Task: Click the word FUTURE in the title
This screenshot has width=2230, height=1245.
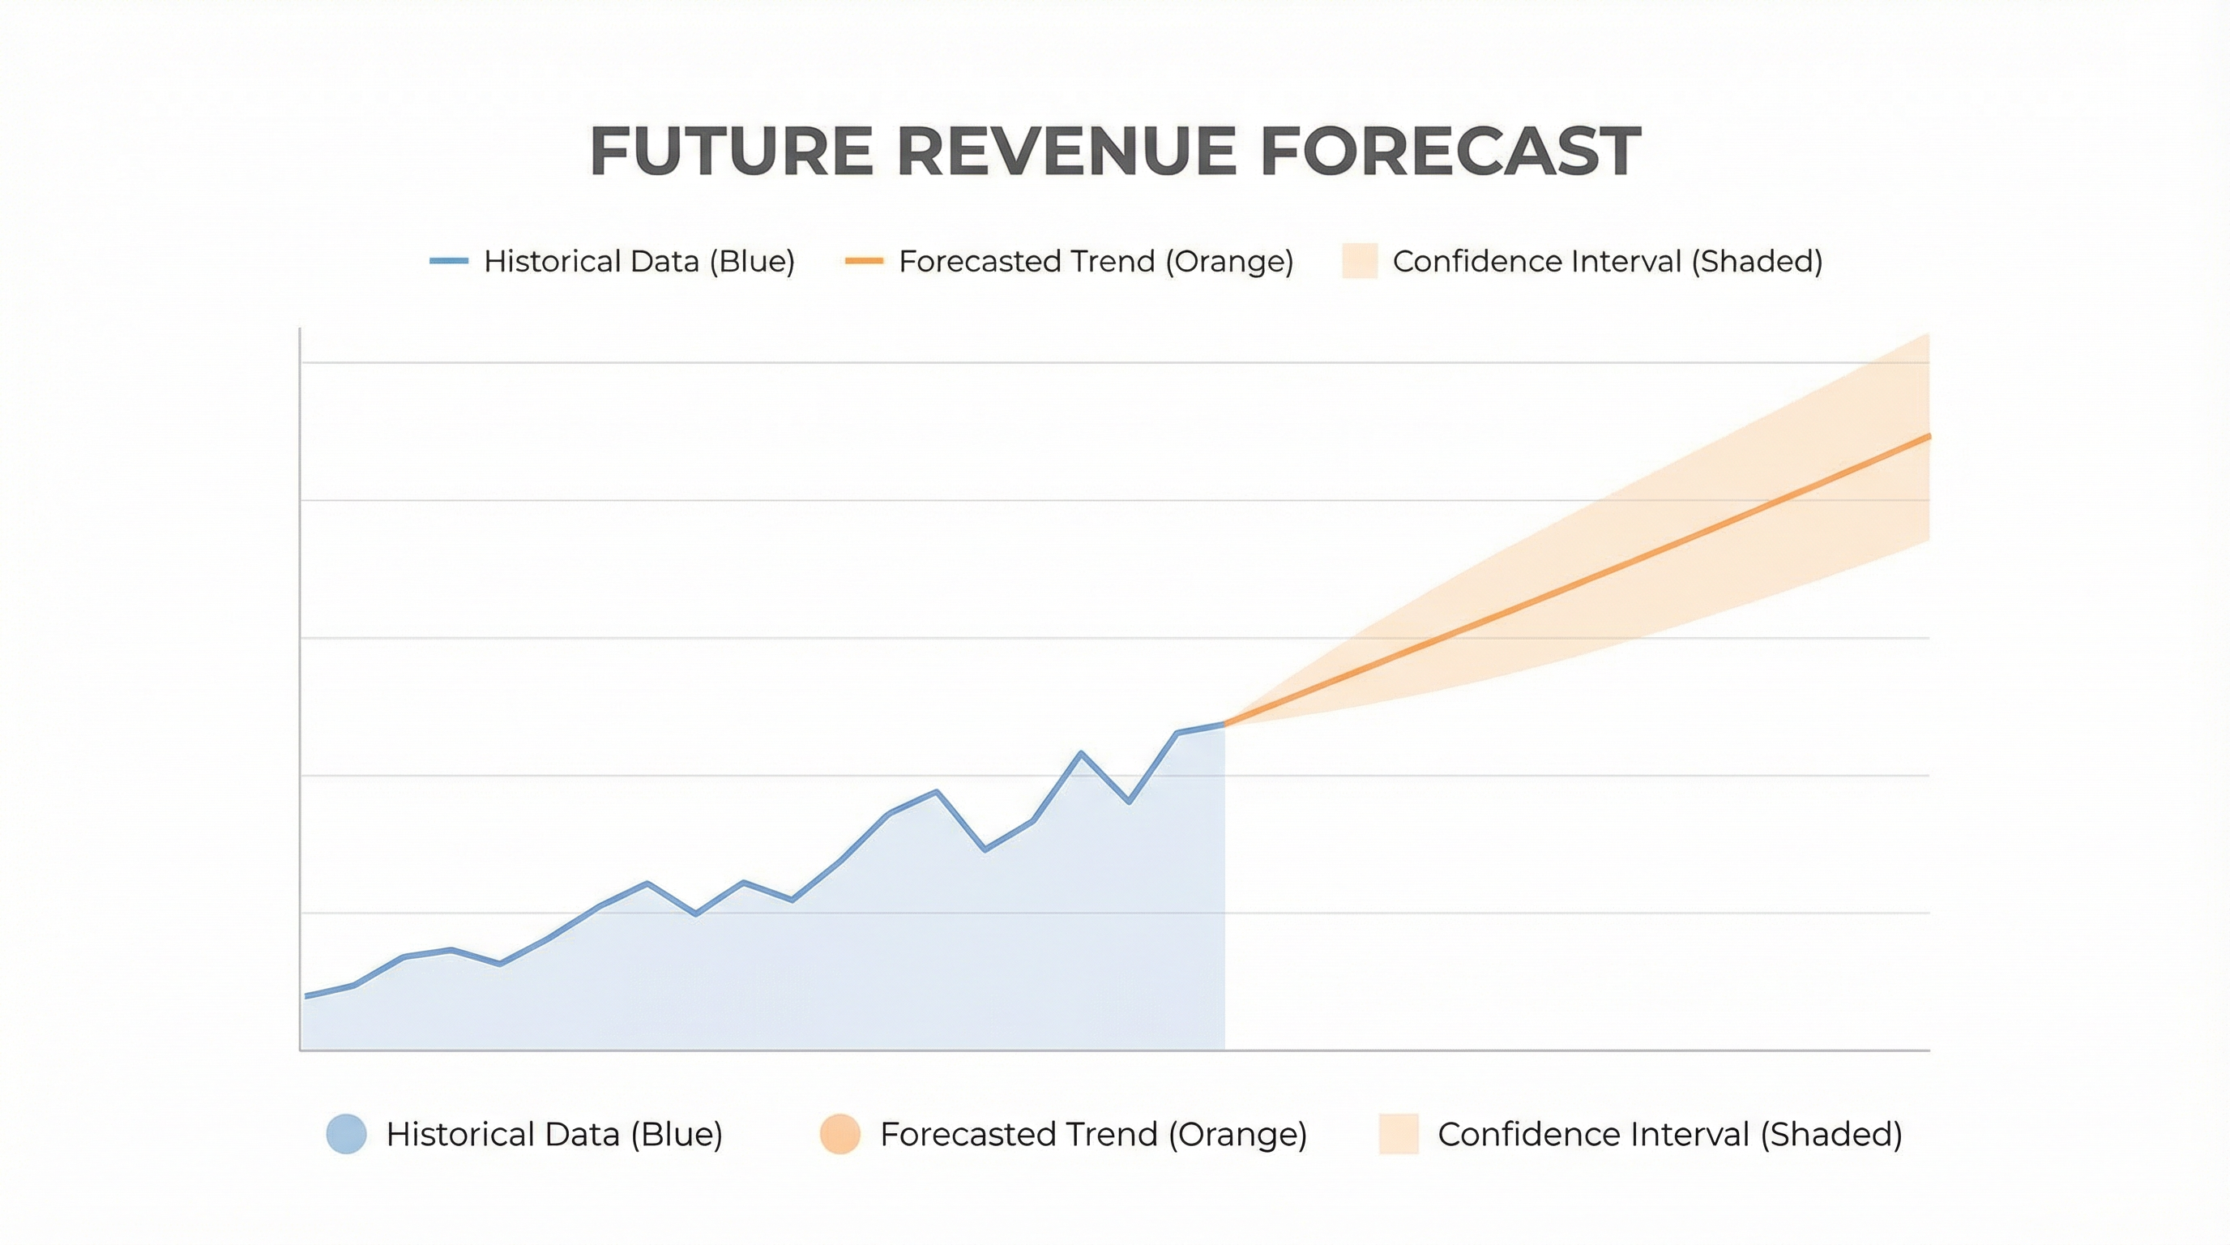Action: click(731, 152)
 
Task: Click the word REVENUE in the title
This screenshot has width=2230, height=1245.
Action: click(1066, 152)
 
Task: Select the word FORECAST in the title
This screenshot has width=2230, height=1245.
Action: click(1450, 152)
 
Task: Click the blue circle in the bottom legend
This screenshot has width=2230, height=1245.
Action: click(346, 1134)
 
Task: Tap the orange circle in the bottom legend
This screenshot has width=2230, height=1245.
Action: click(839, 1134)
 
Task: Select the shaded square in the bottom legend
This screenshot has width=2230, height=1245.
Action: click(1399, 1134)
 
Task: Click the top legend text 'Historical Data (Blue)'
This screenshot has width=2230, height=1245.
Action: click(639, 262)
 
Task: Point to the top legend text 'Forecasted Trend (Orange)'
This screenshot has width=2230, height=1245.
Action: click(1096, 262)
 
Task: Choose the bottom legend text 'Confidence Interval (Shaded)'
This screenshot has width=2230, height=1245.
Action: click(1670, 1134)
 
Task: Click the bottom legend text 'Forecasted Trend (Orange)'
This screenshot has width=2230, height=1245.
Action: click(1093, 1134)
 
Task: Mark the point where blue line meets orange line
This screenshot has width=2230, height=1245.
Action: click(1224, 724)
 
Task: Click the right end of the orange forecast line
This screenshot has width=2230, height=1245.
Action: click(1929, 436)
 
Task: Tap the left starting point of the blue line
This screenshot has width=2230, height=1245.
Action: click(305, 996)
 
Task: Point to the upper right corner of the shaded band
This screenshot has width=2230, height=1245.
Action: click(1928, 334)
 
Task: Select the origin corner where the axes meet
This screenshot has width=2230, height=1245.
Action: click(301, 1050)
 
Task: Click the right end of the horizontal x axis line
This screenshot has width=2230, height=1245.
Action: click(1929, 1050)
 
